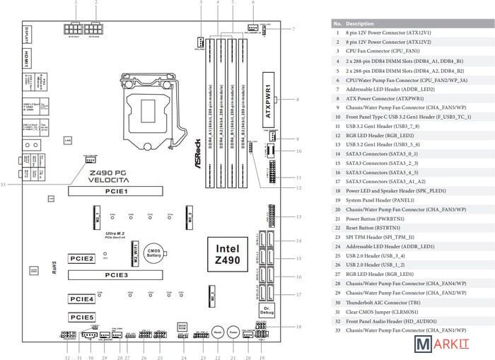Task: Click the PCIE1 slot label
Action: pyautogui.click(x=116, y=191)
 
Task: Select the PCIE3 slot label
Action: pyautogui.click(x=117, y=273)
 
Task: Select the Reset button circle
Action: pyautogui.click(x=219, y=330)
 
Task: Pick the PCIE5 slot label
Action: pyautogui.click(x=81, y=317)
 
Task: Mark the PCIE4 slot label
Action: pyautogui.click(x=81, y=300)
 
